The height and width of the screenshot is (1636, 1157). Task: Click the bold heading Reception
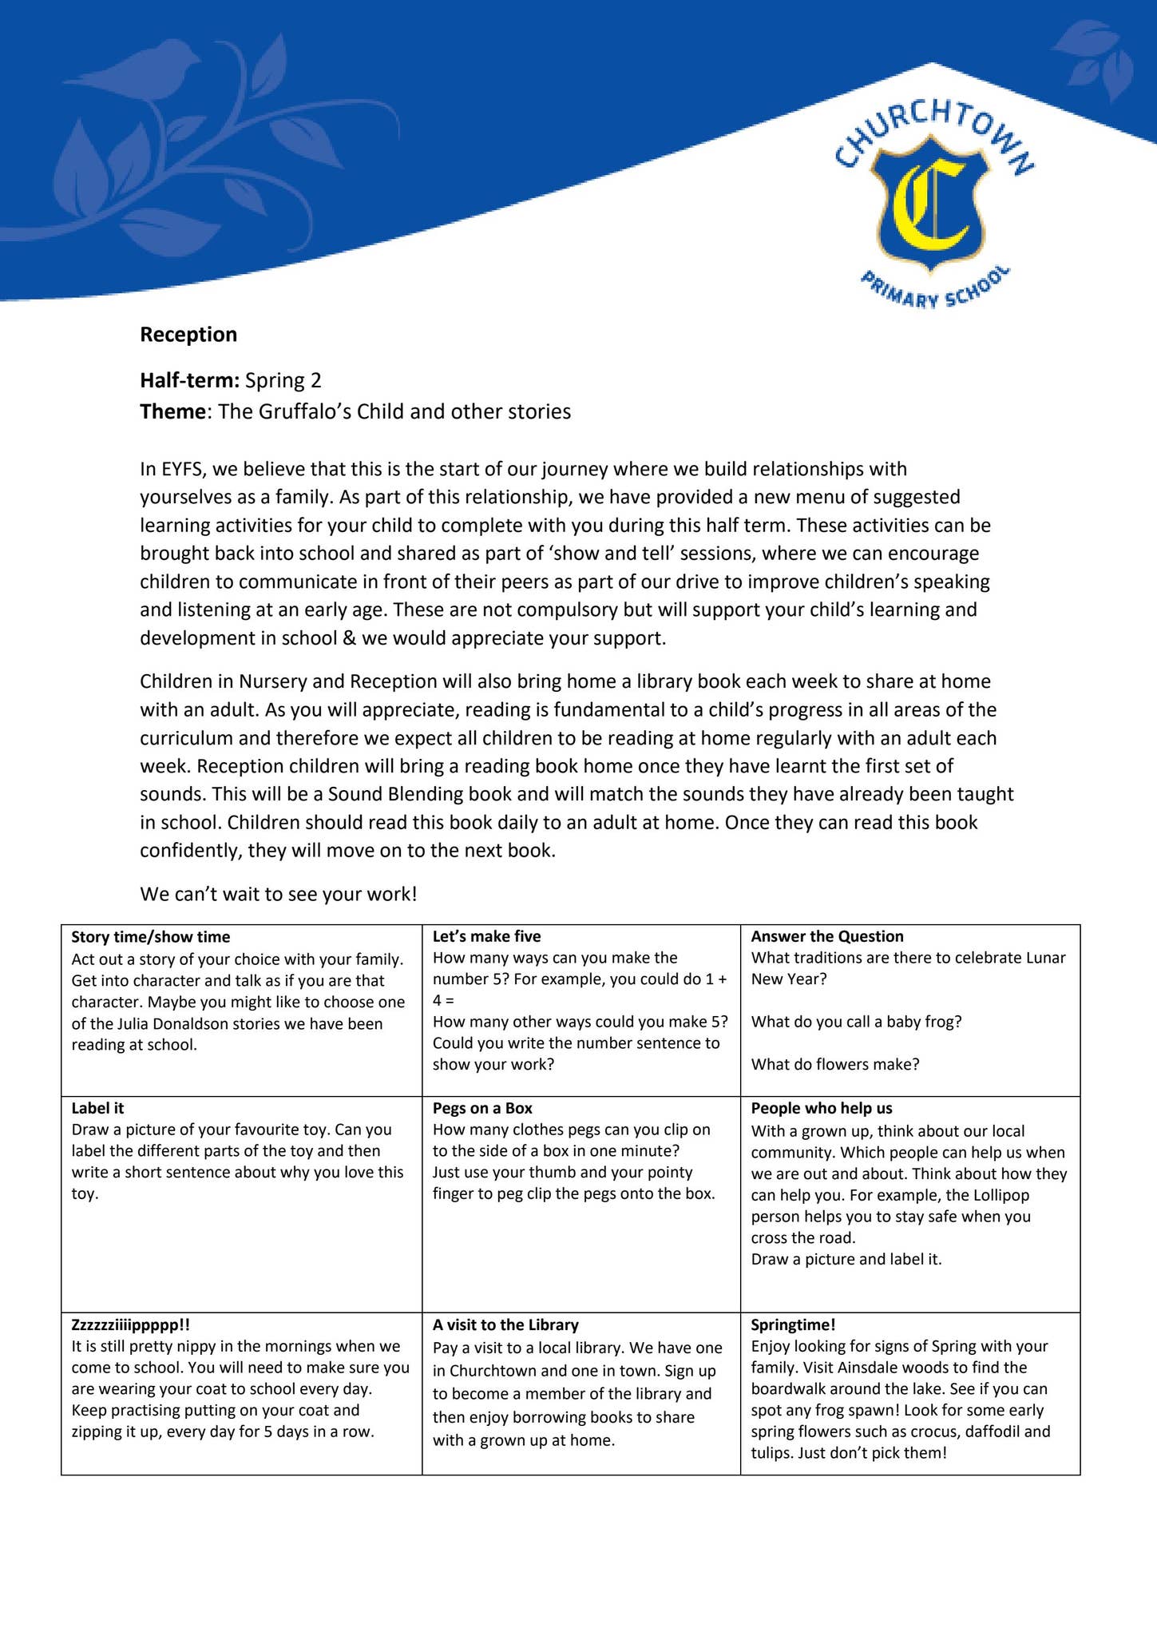(x=188, y=335)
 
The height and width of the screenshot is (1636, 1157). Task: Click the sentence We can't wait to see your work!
(x=278, y=894)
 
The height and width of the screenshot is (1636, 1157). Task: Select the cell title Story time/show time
(x=150, y=937)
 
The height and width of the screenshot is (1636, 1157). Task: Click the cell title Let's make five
(x=486, y=937)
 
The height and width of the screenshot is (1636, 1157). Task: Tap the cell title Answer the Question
(x=826, y=937)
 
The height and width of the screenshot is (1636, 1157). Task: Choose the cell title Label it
(x=97, y=1109)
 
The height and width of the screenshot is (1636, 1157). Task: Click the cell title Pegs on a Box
(x=482, y=1109)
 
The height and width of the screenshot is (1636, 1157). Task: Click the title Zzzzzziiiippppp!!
(x=130, y=1324)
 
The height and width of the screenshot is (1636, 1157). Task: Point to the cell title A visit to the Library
(x=505, y=1324)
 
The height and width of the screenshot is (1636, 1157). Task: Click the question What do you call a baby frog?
(x=856, y=1022)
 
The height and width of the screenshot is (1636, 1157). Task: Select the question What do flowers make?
(x=834, y=1065)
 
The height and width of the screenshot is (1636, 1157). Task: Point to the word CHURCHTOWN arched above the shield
(x=934, y=128)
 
